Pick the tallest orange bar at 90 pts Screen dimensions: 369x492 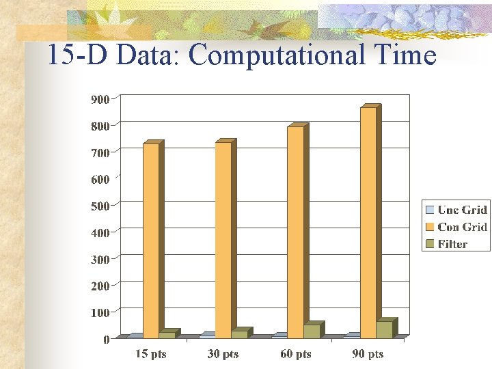pyautogui.click(x=368, y=222)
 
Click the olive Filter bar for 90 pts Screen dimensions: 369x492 pyautogui.click(x=384, y=329)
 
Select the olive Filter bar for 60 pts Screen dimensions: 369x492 pyautogui.click(x=312, y=331)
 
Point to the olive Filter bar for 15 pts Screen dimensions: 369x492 pyautogui.click(x=167, y=334)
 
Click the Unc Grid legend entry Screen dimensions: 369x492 pyautogui.click(x=456, y=210)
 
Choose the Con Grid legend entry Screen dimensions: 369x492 pyautogui.click(x=456, y=227)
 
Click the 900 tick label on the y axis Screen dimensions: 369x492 pyautogui.click(x=100, y=99)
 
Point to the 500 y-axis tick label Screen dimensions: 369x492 pyautogui.click(x=100, y=206)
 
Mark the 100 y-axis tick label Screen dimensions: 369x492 pyautogui.click(x=100, y=312)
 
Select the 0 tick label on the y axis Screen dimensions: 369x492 pyautogui.click(x=106, y=340)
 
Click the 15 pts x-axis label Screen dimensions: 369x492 pyautogui.click(x=150, y=354)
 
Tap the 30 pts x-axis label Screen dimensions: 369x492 pyautogui.click(x=223, y=354)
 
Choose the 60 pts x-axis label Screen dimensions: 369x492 pyautogui.click(x=295, y=354)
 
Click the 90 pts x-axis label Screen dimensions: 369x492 pyautogui.click(x=368, y=354)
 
